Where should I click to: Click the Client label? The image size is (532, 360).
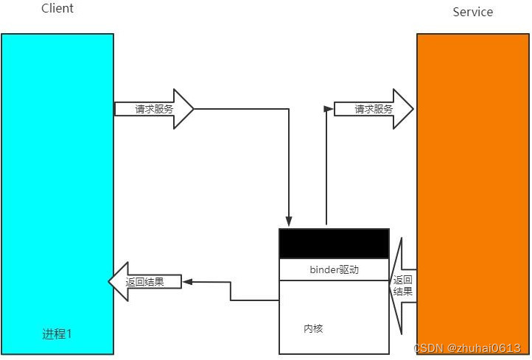point(57,9)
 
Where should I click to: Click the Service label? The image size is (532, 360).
point(472,12)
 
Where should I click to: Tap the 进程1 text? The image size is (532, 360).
point(57,333)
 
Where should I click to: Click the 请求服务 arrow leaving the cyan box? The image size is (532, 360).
point(154,109)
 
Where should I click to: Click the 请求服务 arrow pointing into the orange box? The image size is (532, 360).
point(374,109)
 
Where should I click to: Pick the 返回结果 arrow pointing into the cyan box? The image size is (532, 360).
point(144,281)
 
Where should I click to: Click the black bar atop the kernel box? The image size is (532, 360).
point(334,243)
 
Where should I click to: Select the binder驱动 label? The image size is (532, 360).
point(334,269)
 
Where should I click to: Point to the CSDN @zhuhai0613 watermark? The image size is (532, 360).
point(467,348)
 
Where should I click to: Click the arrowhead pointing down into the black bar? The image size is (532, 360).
point(289,222)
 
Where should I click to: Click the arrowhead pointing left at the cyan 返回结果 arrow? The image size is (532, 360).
point(187,282)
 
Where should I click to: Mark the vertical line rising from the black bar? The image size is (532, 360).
point(325,169)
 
